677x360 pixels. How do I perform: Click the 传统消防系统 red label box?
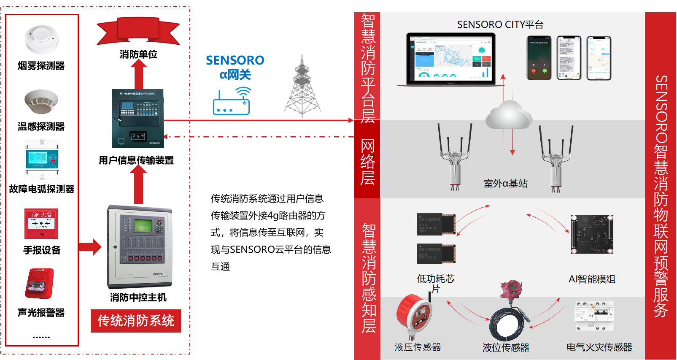click(x=136, y=321)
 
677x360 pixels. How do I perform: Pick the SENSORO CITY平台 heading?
click(x=500, y=24)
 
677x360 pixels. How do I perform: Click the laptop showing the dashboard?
click(x=450, y=60)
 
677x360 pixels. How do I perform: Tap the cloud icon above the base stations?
click(x=508, y=115)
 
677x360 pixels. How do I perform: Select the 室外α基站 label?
click(x=505, y=183)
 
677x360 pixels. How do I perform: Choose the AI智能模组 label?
click(x=592, y=279)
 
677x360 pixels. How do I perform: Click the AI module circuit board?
click(x=592, y=234)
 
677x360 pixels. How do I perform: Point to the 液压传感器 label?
click(x=418, y=347)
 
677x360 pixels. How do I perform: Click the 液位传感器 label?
click(x=506, y=347)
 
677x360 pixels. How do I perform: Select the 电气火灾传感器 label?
click(x=599, y=347)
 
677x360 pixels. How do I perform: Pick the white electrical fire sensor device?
click(x=594, y=316)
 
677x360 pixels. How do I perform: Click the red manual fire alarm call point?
click(x=41, y=224)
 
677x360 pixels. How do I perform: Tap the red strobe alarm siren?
click(x=39, y=284)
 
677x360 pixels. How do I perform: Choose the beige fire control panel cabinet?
click(x=140, y=247)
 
